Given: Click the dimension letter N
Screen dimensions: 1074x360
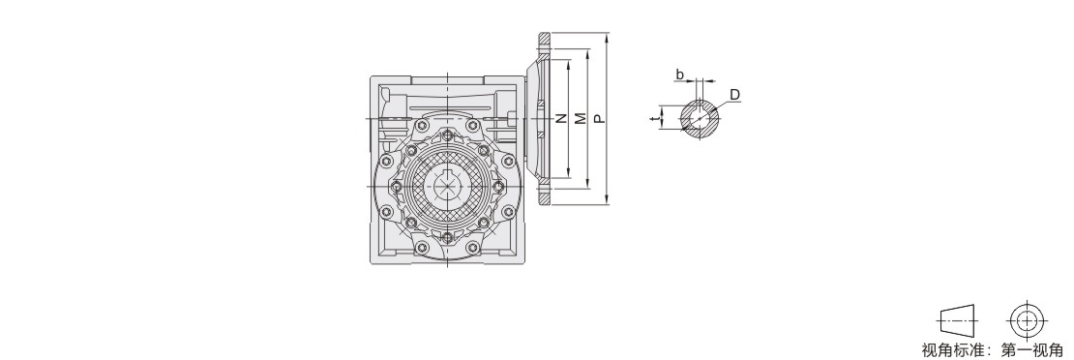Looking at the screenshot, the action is click(561, 119).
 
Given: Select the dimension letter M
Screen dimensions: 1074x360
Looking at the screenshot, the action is click(581, 119).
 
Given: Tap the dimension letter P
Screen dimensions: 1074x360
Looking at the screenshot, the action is click(599, 119).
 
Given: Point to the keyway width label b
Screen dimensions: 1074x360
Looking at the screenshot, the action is click(679, 74).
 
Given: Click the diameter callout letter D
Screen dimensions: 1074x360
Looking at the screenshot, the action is click(734, 95).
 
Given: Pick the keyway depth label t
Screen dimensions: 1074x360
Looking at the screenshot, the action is click(655, 119).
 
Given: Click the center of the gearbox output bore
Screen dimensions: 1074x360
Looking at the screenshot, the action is click(447, 186).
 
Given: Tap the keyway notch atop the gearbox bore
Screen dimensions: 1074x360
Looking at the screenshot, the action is click(447, 171).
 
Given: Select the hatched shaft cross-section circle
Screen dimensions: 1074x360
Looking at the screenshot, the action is click(700, 119).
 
